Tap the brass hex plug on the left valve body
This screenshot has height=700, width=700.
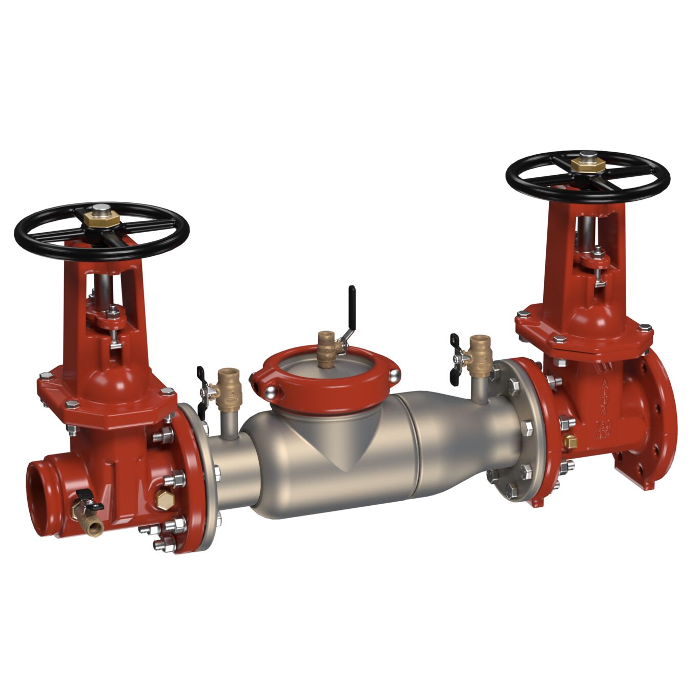pos(163,500)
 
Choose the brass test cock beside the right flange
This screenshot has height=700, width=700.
pos(480,359)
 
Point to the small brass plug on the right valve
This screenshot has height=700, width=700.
pos(570,441)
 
